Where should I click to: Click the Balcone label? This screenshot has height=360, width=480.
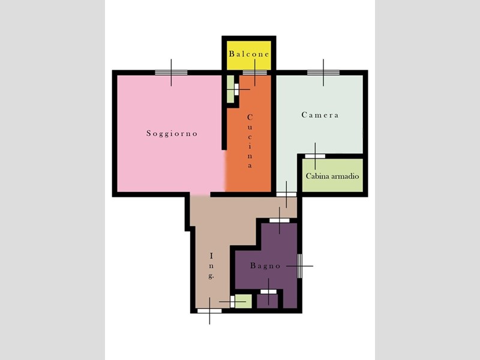coord(249,54)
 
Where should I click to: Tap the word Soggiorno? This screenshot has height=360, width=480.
coord(172,133)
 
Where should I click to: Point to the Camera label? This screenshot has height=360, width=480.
coord(320,115)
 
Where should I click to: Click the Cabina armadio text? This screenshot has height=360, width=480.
coord(332,176)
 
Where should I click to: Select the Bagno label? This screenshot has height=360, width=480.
coord(265,266)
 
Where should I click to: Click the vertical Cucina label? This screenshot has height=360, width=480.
coord(250,141)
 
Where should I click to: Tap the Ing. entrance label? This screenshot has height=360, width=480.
coord(211,266)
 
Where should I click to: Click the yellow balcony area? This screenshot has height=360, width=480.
coord(248,55)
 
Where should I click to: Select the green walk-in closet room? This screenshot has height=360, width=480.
coord(332,175)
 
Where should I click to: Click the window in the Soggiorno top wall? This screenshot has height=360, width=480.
coord(171,73)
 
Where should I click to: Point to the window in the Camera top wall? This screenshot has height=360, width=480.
coord(323,73)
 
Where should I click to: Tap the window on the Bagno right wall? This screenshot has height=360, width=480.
coord(299,266)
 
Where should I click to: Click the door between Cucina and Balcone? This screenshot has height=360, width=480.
coord(254,73)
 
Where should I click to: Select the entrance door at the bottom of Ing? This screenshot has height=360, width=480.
coord(209,311)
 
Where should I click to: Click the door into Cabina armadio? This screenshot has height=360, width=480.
coord(315,156)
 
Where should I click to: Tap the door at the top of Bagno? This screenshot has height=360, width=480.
coord(279,220)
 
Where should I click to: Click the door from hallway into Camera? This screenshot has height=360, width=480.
coord(287,194)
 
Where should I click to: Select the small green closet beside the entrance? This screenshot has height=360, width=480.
coord(244,302)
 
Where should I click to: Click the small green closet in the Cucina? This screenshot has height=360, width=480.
coord(230,89)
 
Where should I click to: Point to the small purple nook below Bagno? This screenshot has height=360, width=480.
coord(267,302)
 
